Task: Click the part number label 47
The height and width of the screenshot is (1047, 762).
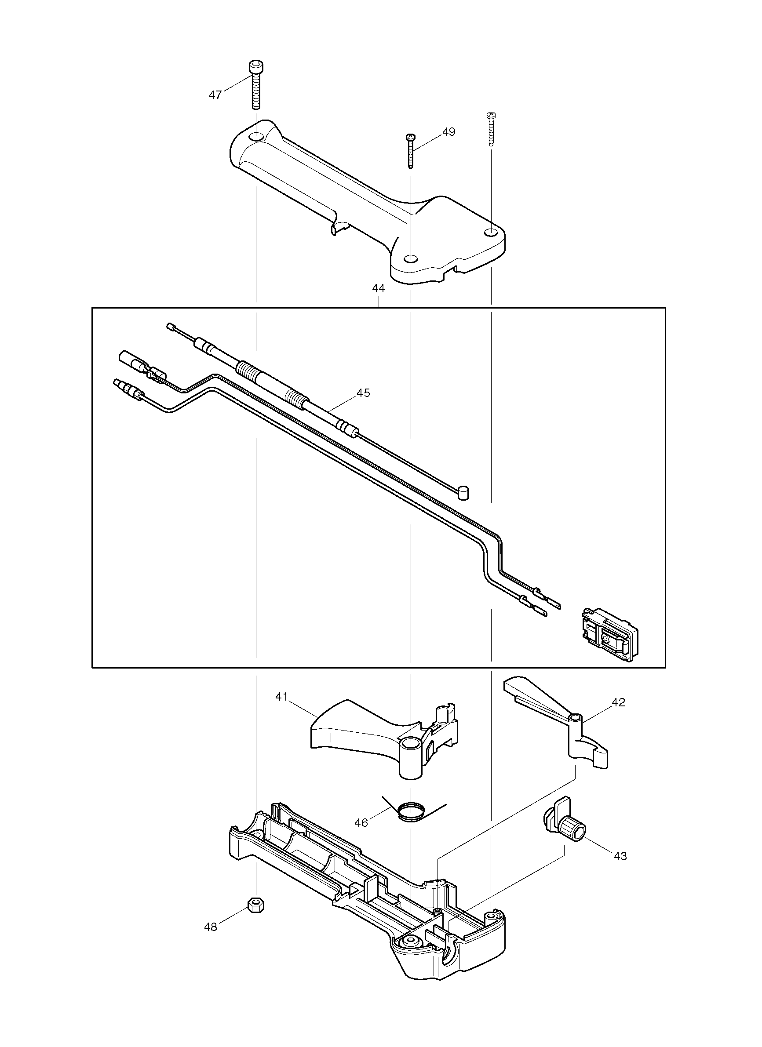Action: click(215, 95)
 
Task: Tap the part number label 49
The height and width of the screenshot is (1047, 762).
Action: click(448, 132)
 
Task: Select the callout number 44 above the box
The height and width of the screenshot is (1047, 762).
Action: click(378, 288)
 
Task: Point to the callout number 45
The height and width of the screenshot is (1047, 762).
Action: click(364, 393)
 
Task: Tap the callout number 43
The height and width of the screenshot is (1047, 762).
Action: click(620, 856)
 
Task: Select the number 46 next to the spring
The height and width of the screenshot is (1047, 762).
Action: click(361, 823)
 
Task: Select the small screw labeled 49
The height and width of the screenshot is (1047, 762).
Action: click(410, 151)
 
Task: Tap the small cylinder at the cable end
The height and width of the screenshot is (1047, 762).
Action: click(465, 492)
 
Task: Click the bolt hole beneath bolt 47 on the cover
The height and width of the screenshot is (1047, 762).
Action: click(255, 137)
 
